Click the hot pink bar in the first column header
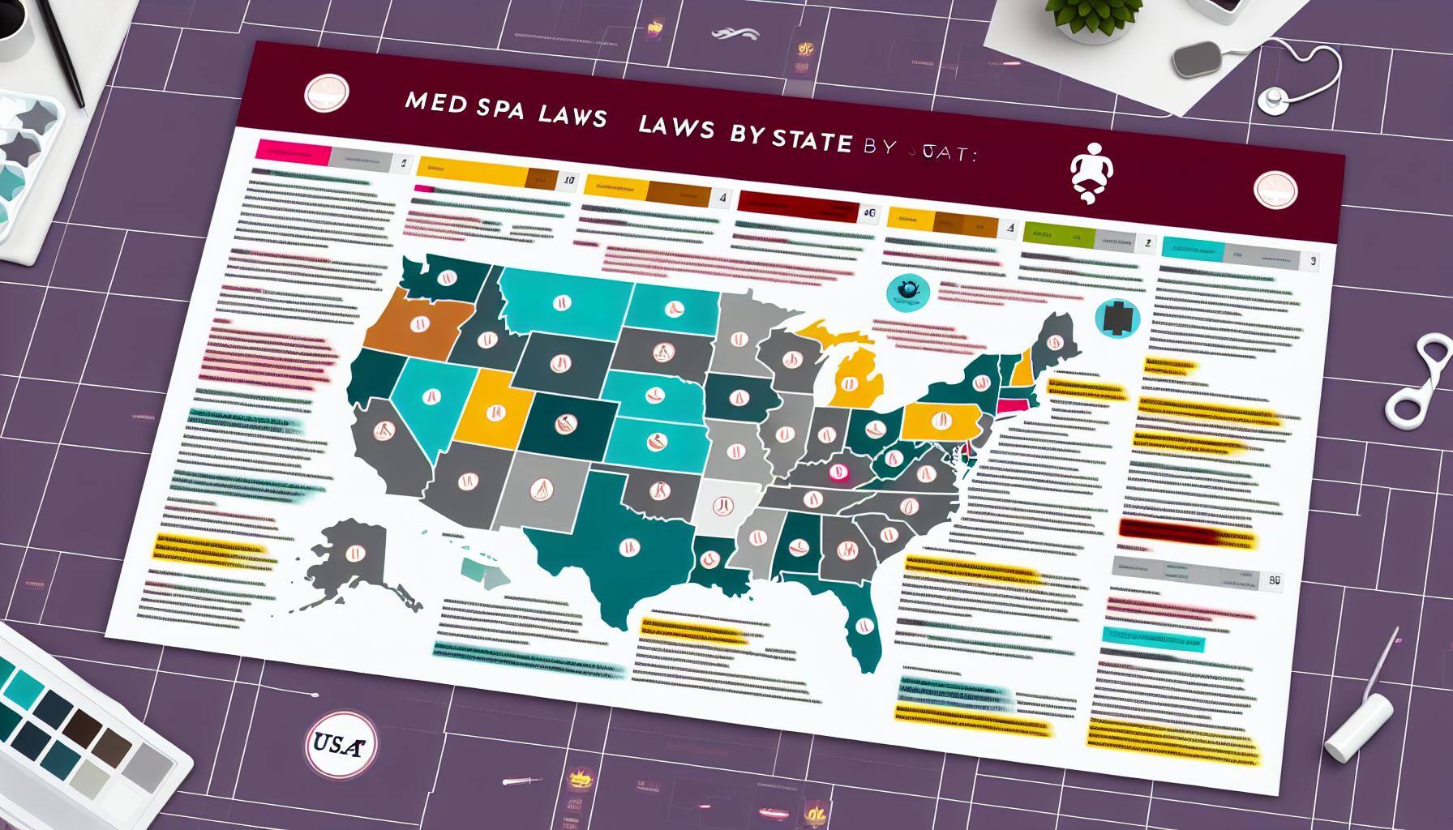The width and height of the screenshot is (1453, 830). click(x=292, y=152)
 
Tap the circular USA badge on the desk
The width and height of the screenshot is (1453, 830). click(x=336, y=742)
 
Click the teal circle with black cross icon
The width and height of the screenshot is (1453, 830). click(x=1117, y=319)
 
